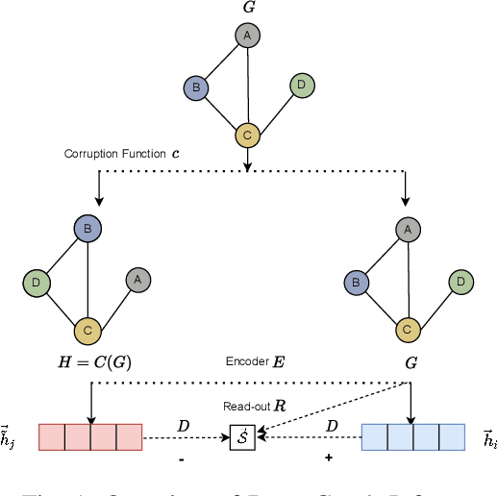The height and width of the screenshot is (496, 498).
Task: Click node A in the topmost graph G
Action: coord(248,37)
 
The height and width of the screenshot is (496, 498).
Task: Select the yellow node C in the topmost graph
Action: coord(248,136)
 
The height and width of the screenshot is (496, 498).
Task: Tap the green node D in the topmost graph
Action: coord(302,87)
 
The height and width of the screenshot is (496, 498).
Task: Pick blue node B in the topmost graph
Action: coord(196,89)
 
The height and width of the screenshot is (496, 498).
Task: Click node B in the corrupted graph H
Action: coord(88,229)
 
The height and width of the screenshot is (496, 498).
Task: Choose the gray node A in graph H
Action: coord(137,280)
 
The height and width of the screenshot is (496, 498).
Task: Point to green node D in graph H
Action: coord(37,283)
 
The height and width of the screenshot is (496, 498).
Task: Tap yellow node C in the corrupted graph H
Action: coord(88,331)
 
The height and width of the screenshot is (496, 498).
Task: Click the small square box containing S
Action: coord(240,438)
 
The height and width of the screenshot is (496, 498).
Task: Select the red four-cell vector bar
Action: coord(90,437)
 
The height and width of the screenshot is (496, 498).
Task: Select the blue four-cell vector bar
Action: coord(412,437)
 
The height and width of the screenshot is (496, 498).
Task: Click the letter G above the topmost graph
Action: coord(248,8)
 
